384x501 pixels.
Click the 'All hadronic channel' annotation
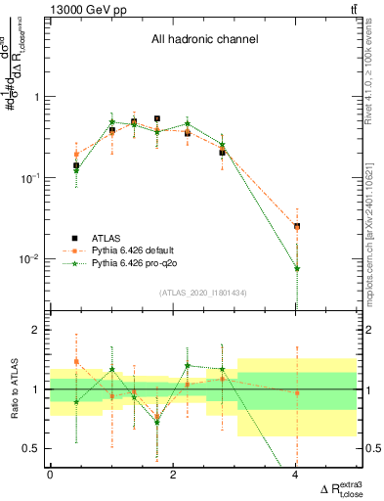pos(204,40)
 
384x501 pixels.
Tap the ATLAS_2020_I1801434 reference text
pos(204,293)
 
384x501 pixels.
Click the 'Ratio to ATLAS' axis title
pos(13,388)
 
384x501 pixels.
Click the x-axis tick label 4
pos(296,475)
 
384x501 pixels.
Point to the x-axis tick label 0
pos(50,475)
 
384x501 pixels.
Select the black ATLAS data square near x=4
pos(297,226)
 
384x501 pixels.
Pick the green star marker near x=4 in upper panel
pos(297,268)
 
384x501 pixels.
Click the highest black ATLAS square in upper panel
pos(156,118)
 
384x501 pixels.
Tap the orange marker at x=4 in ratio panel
pos(297,392)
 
